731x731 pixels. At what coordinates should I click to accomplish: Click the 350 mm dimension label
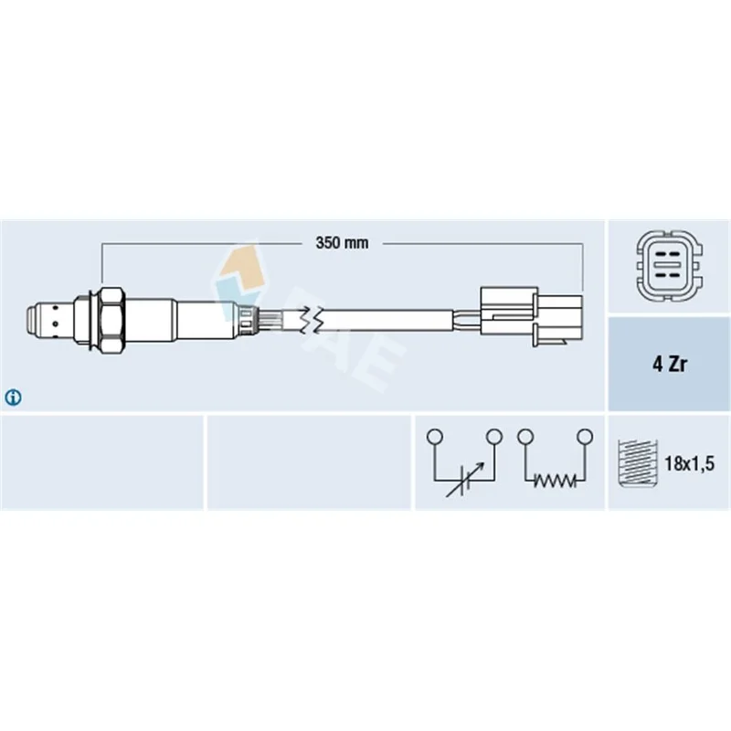pos(342,243)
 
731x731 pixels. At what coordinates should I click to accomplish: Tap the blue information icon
pos(13,397)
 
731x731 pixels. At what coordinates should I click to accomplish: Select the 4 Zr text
pos(669,364)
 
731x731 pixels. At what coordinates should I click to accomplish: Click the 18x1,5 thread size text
pos(689,463)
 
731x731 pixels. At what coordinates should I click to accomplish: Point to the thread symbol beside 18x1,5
pos(637,463)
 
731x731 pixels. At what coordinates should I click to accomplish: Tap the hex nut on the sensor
pos(111,320)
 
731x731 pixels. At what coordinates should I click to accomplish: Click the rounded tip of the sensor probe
pos(31,320)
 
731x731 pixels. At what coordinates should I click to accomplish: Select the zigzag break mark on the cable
pos(311,320)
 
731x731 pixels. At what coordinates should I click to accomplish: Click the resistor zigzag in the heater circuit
pos(555,481)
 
